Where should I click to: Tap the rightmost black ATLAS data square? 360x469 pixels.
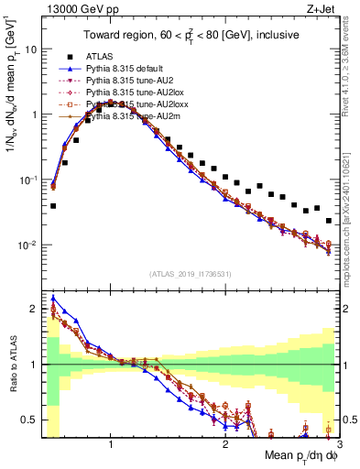[329, 221]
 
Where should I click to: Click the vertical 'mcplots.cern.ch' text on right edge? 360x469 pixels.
[352, 202]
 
